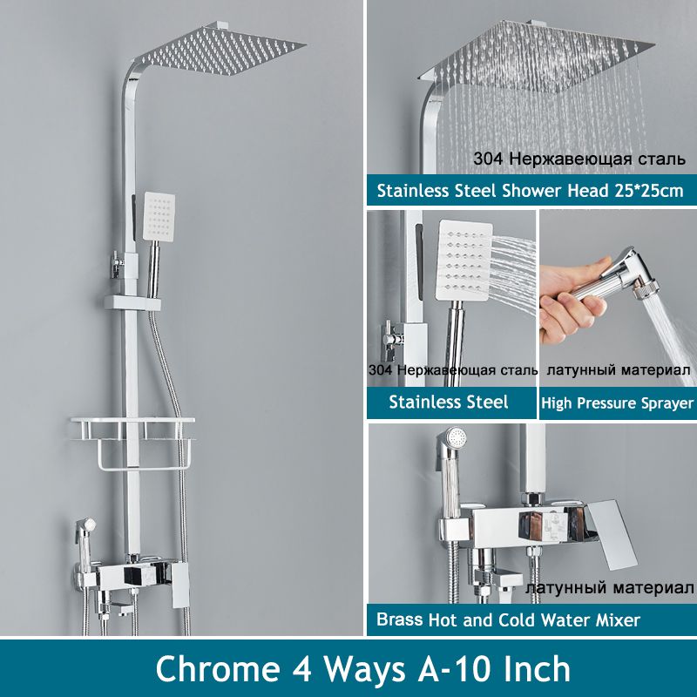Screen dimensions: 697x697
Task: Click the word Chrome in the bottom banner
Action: click(x=218, y=669)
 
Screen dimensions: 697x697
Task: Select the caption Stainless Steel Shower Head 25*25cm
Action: click(x=530, y=191)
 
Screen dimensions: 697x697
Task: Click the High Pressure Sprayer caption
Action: click(x=617, y=403)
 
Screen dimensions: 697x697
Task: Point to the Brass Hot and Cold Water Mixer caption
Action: click(x=508, y=619)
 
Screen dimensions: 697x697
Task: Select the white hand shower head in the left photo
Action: click(x=159, y=217)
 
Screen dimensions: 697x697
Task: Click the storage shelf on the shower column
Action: click(x=132, y=443)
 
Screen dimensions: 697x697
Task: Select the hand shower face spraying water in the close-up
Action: click(x=464, y=259)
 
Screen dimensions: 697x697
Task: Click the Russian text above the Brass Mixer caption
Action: click(x=609, y=587)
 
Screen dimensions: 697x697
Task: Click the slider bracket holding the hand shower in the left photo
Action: click(x=132, y=303)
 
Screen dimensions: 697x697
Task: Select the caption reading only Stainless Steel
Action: click(x=448, y=403)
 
